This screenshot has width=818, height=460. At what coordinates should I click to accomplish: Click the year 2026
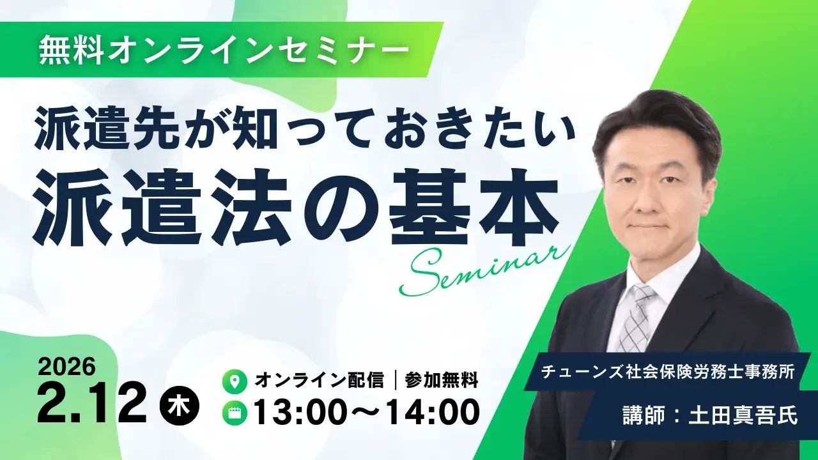point(66,367)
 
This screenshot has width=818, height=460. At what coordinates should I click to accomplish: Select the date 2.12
point(93,404)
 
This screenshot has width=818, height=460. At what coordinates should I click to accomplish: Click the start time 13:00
point(304,411)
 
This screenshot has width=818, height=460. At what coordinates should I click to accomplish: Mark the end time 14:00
point(428,411)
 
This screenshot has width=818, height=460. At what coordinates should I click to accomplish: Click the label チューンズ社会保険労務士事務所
point(667,372)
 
